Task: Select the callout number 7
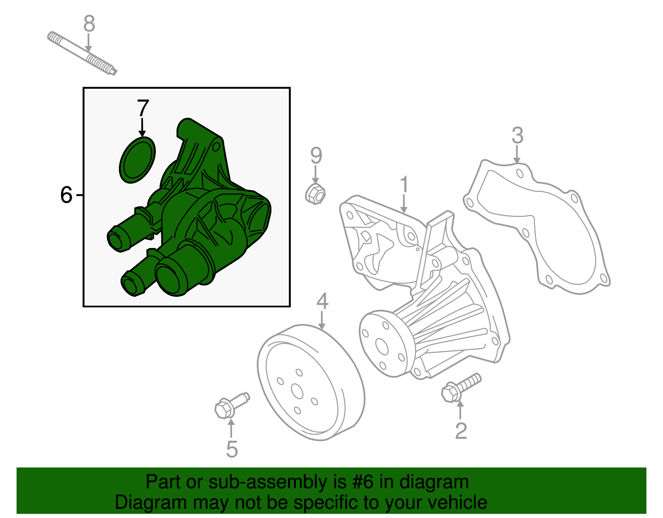pyautogui.click(x=143, y=108)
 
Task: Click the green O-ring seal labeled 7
pyautogui.click(x=137, y=160)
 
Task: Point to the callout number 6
pyautogui.click(x=66, y=195)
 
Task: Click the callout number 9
pyautogui.click(x=316, y=156)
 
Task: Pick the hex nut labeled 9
pyautogui.click(x=315, y=194)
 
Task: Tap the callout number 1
pyautogui.click(x=404, y=185)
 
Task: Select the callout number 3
pyautogui.click(x=517, y=135)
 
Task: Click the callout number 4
pyautogui.click(x=322, y=301)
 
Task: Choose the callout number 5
pyautogui.click(x=232, y=449)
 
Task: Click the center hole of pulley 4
pyautogui.click(x=297, y=391)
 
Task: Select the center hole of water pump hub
pyautogui.click(x=381, y=346)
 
